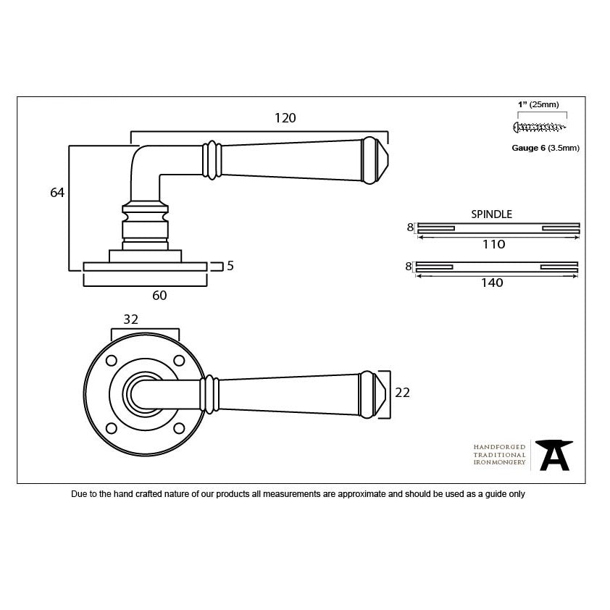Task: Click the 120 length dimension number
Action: coord(286,118)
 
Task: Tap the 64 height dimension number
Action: coord(58,193)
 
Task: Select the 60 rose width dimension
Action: coord(159,295)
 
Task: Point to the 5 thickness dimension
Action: coord(230,266)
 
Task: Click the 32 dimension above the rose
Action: coord(131,319)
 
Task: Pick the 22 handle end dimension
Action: coord(402,393)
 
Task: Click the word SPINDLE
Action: coord(491,214)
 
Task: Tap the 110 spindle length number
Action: coord(493,245)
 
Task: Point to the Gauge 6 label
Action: coord(528,148)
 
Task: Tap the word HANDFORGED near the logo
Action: coord(499,448)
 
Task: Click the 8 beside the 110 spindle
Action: coord(409,227)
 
